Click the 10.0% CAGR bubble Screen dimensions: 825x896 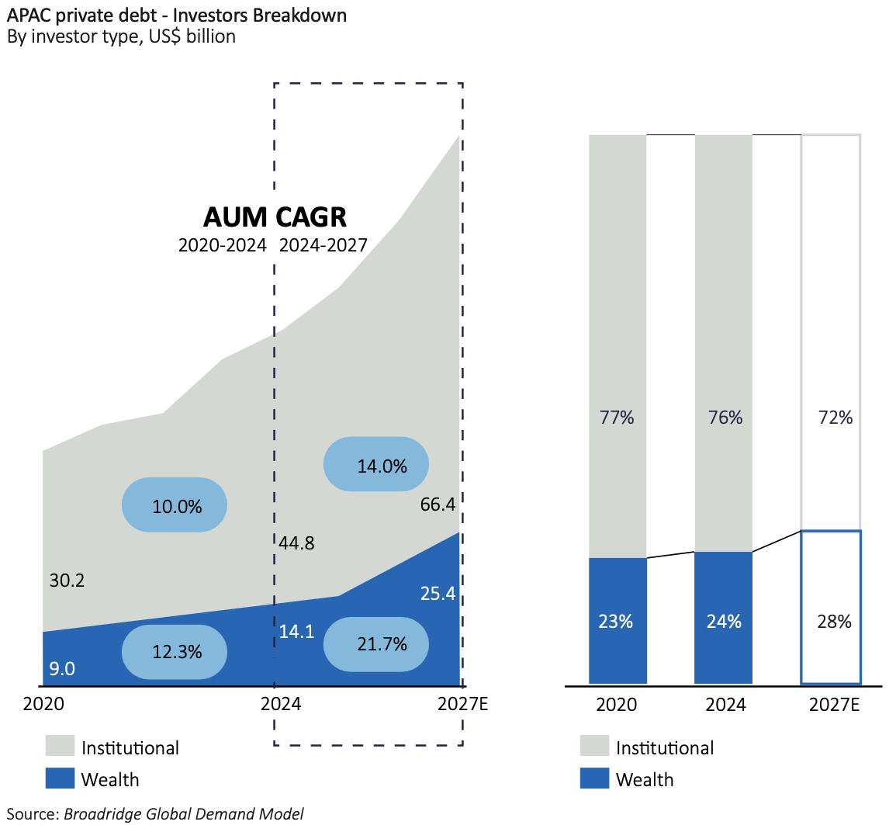tap(175, 505)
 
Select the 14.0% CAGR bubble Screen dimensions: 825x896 tap(376, 465)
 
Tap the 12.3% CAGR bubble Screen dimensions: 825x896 tap(175, 652)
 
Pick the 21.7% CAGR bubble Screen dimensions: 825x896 tap(376, 643)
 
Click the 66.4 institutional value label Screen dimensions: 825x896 tap(438, 505)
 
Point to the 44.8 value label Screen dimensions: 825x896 tap(296, 542)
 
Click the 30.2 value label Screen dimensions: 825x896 tap(67, 580)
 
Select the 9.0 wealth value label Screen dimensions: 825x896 tap(62, 668)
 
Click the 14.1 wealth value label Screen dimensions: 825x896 tap(296, 632)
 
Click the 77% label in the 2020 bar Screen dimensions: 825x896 tap(617, 418)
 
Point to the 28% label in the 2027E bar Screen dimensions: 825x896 tap(834, 622)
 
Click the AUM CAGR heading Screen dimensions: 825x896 tap(275, 217)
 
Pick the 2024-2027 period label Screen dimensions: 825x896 tap(323, 246)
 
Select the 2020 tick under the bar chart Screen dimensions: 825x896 tap(617, 705)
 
